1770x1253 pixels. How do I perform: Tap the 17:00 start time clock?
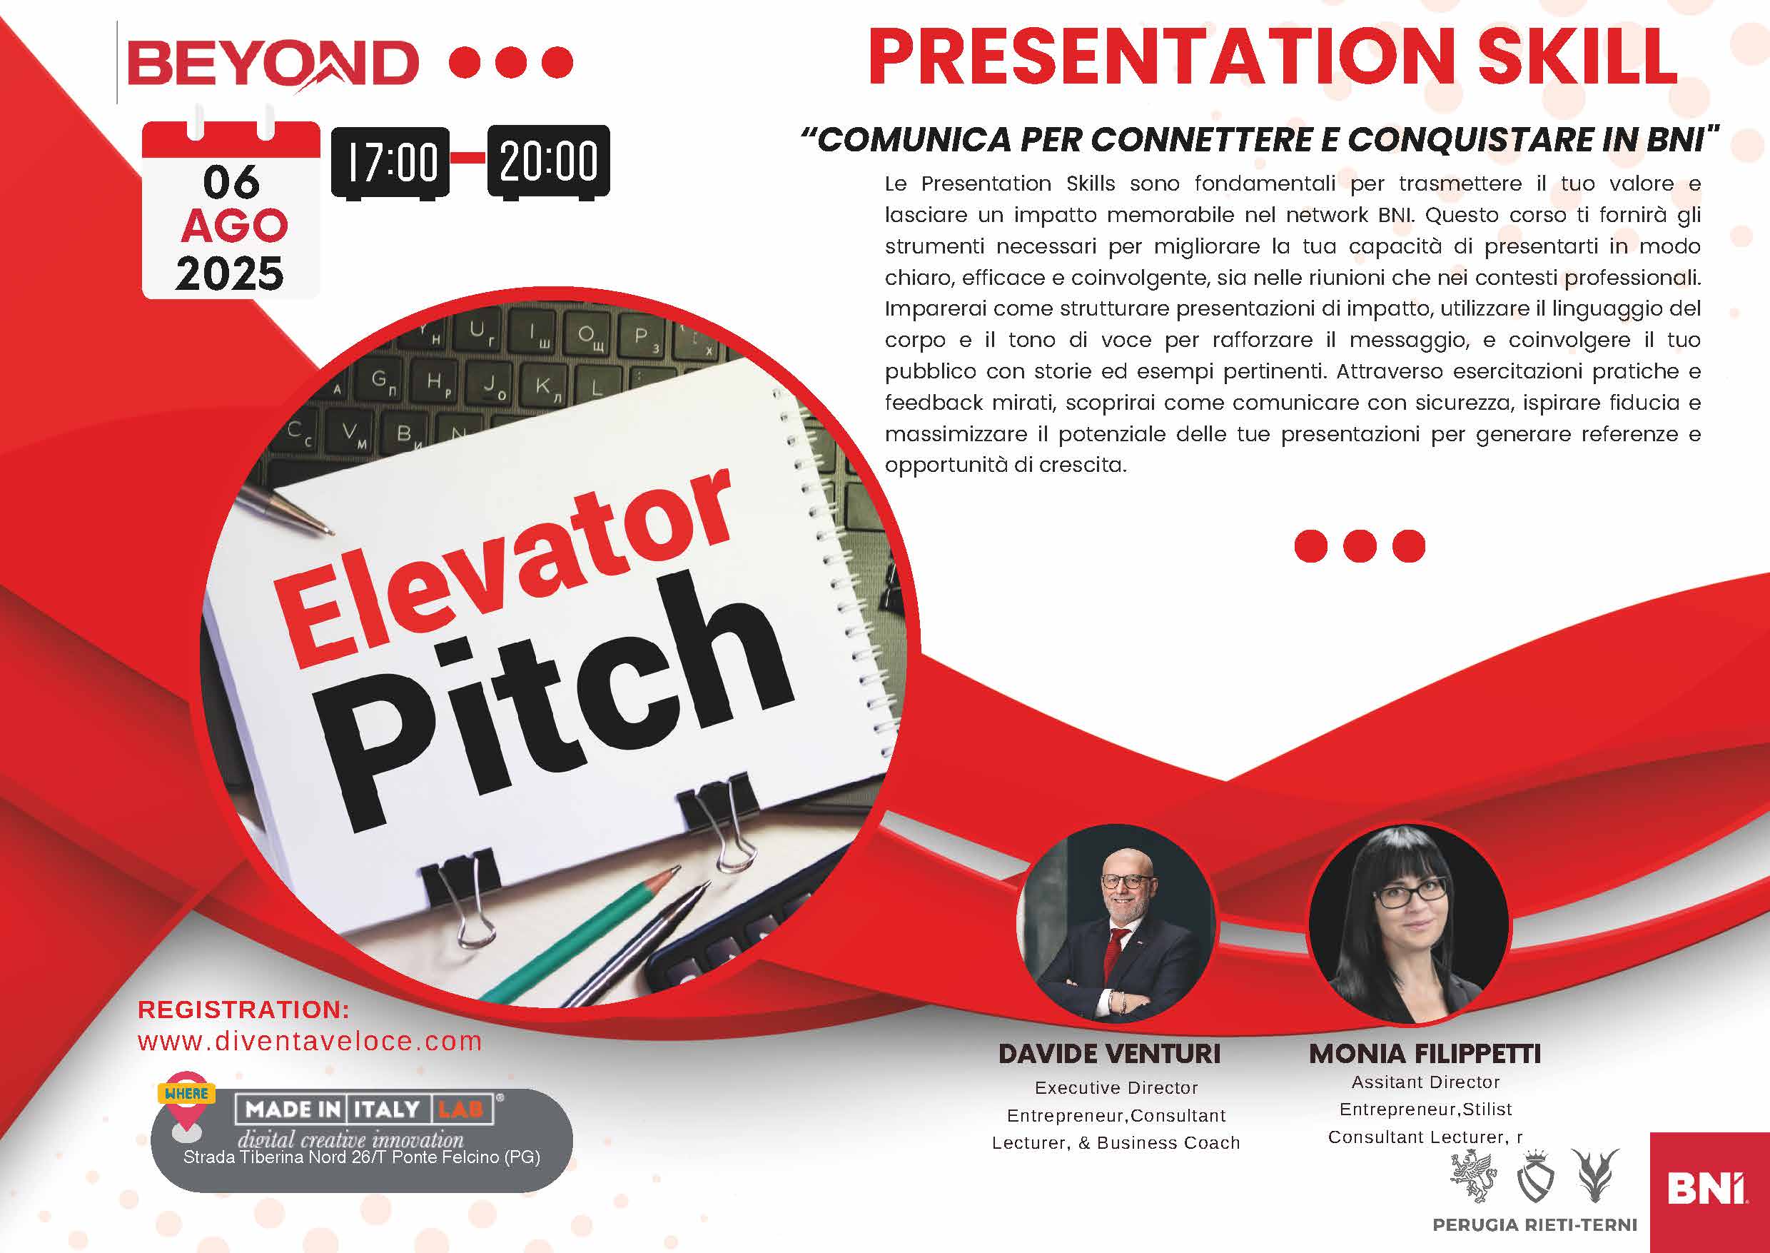pos(391,163)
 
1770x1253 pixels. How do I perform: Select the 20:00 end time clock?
pos(548,161)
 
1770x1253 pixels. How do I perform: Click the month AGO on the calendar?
pos(235,226)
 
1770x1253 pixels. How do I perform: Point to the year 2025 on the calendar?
pos(230,274)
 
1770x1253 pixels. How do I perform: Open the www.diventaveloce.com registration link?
pos(310,1042)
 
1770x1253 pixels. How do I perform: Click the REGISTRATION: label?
pos(243,1010)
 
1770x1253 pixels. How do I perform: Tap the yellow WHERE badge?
pos(186,1093)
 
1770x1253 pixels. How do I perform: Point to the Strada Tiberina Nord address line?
pos(362,1157)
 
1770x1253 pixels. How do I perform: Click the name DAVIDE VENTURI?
pos(1110,1054)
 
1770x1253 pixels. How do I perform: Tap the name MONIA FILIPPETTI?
pos(1425,1054)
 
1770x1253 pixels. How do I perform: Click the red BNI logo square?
pos(1710,1193)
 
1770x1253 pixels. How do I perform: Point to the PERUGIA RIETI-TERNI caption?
pos(1534,1224)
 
